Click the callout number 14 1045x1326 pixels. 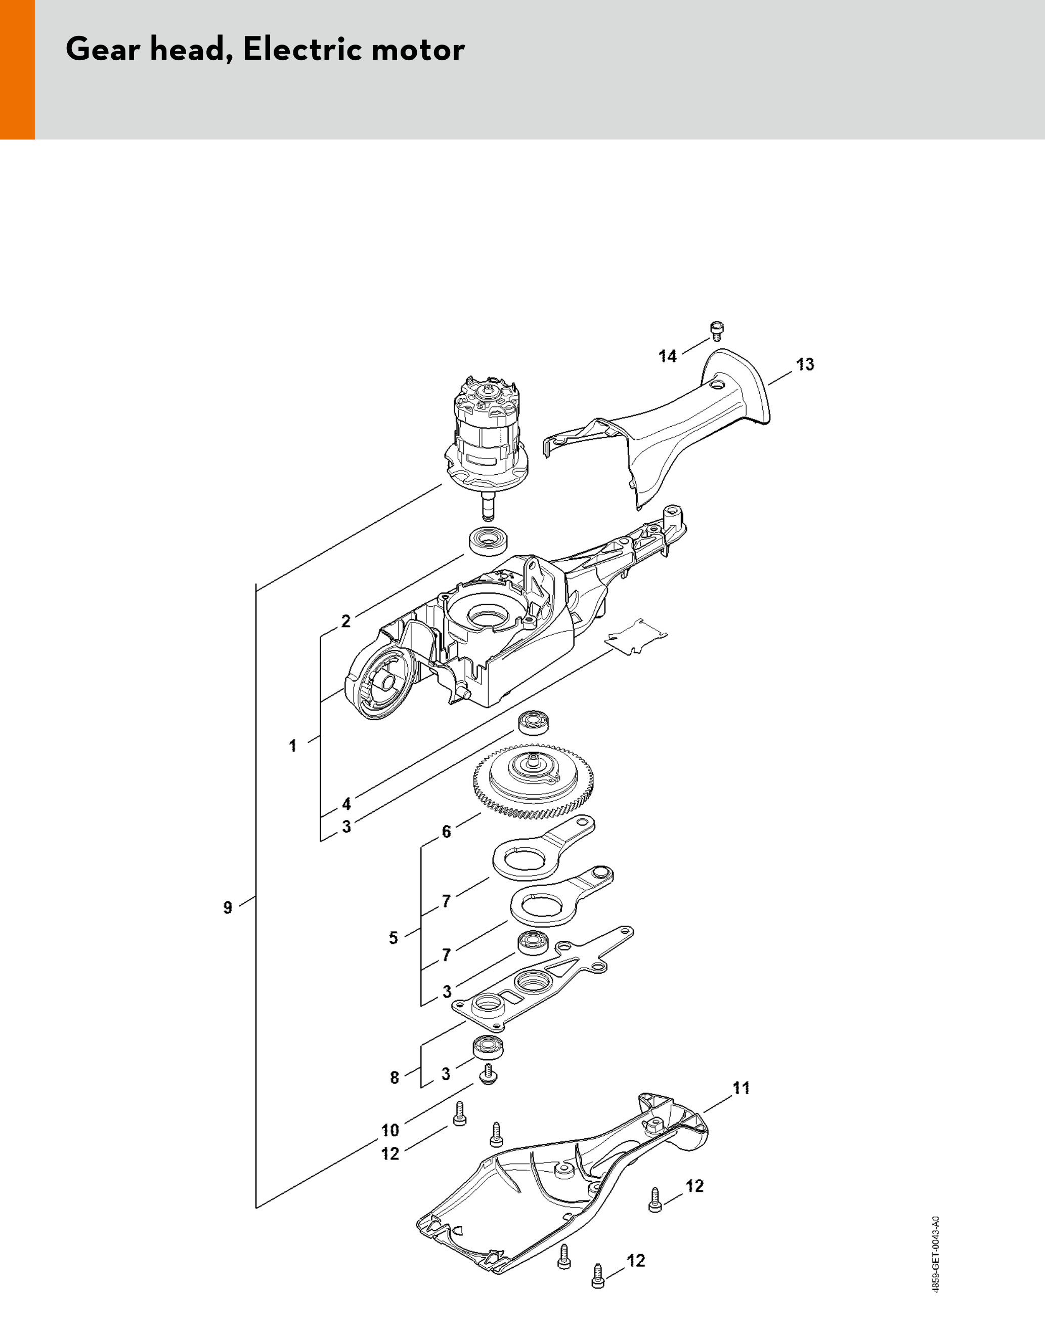(x=668, y=356)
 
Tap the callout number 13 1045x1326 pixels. (x=805, y=365)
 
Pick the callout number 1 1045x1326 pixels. (x=293, y=745)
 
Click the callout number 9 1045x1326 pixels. (x=228, y=908)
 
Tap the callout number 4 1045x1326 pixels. (x=346, y=803)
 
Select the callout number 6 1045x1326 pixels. (x=446, y=832)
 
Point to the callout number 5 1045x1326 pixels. (x=394, y=937)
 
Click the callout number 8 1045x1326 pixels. (x=395, y=1078)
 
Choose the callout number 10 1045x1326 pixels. (x=390, y=1130)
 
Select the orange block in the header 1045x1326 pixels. (x=17, y=69)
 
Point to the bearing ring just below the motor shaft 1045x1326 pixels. (x=487, y=541)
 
